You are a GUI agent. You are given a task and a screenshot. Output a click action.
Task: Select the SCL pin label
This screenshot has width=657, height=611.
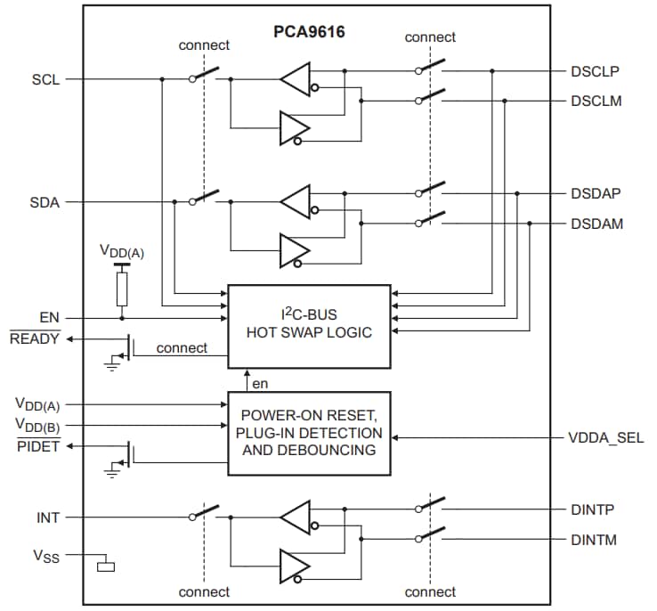coord(45,79)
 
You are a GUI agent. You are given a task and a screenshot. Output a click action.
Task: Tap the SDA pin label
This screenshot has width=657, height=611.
coord(45,202)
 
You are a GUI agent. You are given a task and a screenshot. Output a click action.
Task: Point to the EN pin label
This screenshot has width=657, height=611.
coord(50,317)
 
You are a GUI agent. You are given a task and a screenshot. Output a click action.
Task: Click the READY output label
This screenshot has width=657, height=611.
coord(36,338)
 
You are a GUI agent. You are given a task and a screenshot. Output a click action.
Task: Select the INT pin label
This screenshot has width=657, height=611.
coord(48,517)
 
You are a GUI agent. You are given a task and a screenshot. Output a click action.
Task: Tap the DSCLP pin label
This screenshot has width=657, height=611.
coord(596,70)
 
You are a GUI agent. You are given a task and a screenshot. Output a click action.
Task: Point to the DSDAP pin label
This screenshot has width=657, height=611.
coord(596,193)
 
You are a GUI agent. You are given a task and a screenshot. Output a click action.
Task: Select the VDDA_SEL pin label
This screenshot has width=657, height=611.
coord(605,437)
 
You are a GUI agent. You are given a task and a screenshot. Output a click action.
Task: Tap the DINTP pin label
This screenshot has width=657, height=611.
coord(593,509)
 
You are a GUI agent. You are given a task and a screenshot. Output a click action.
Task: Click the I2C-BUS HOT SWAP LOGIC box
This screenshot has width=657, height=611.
coord(309,326)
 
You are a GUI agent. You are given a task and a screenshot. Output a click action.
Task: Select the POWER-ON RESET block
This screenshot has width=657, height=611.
coord(309,433)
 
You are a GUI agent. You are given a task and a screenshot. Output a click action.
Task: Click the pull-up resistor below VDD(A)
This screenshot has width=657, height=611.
coord(122,287)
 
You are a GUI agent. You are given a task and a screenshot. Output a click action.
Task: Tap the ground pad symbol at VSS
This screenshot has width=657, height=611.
coord(107,565)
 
